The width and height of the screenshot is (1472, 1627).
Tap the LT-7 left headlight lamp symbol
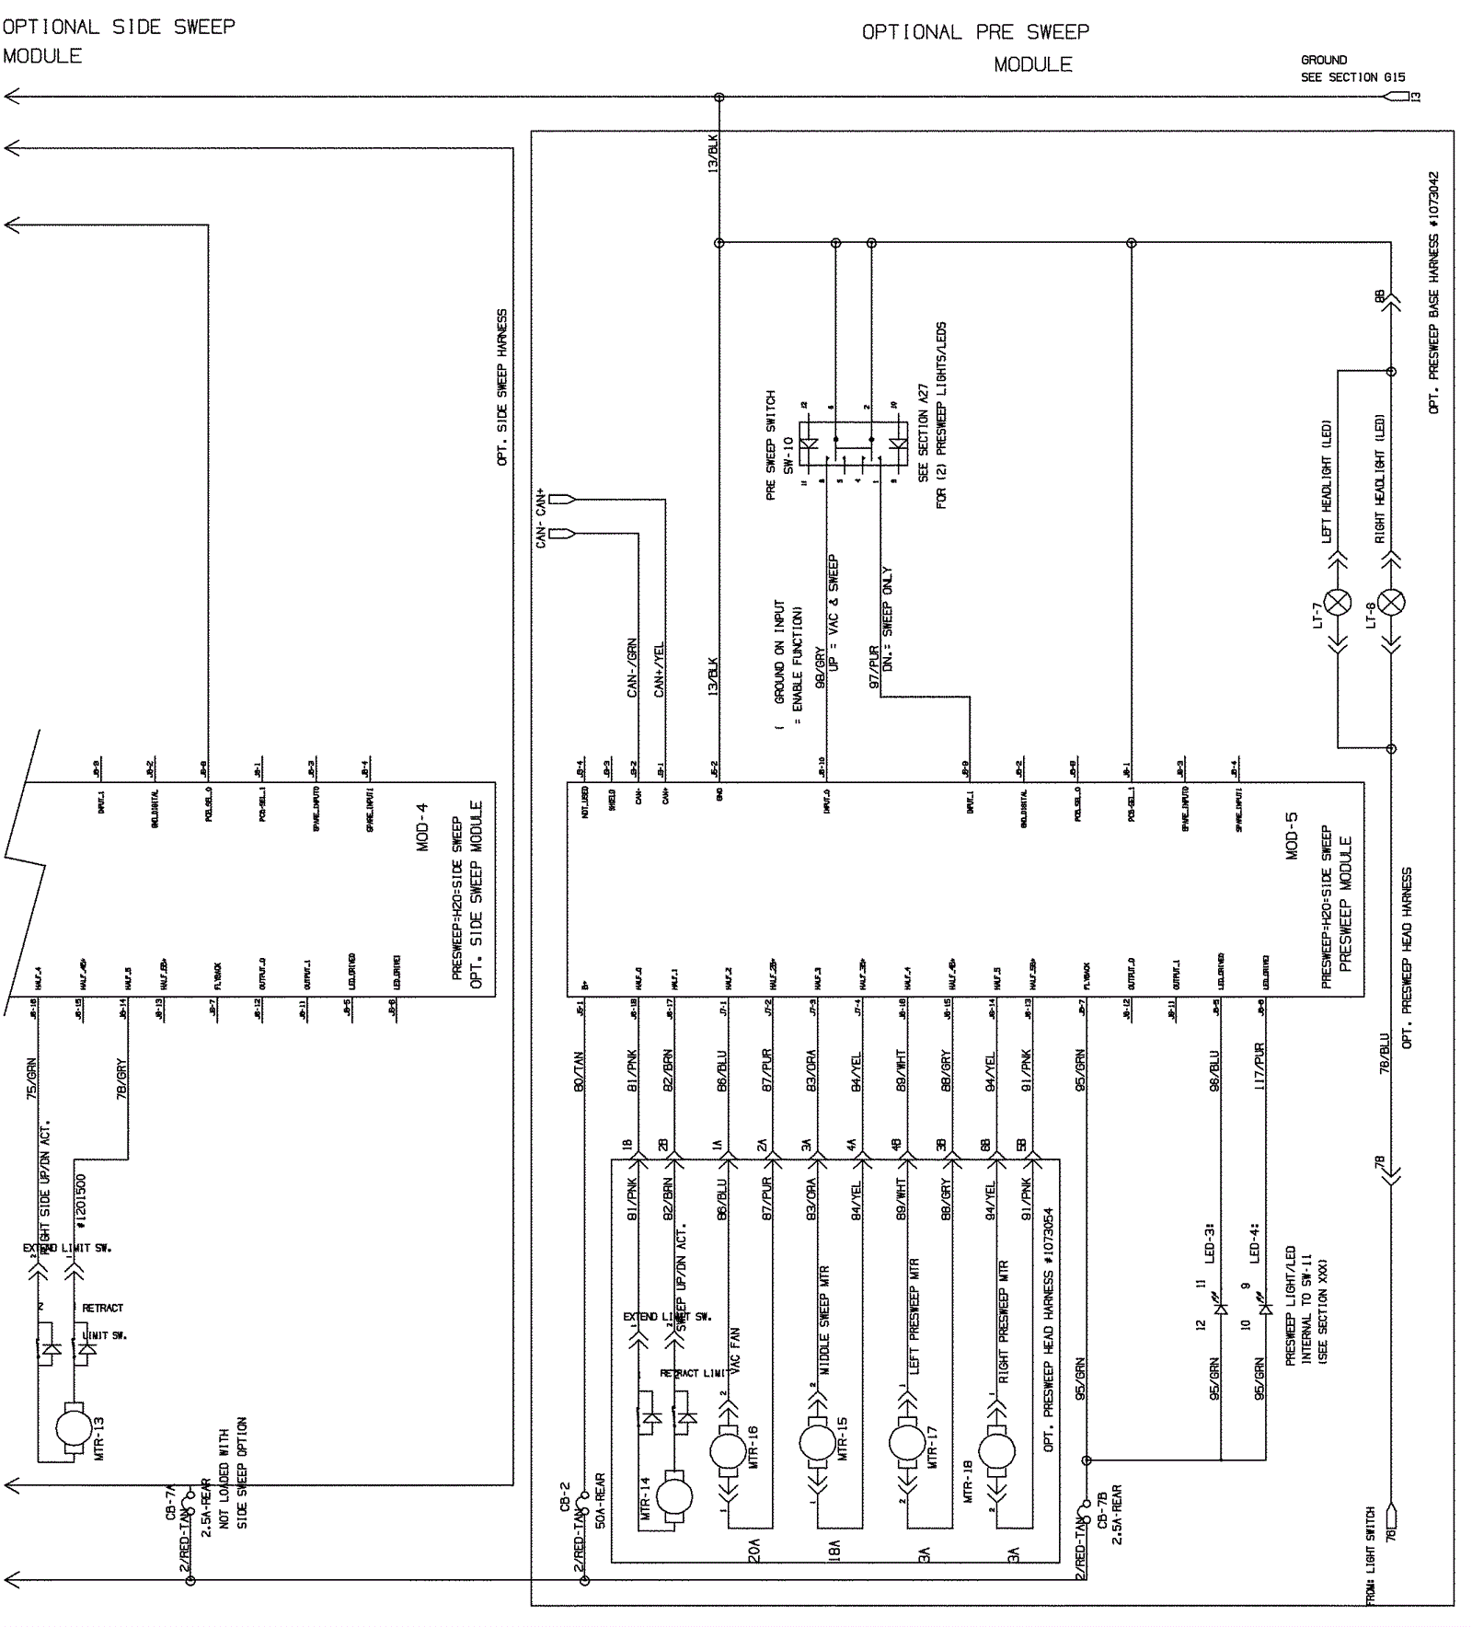tap(1338, 603)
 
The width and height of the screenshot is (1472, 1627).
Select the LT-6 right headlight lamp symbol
tap(1391, 603)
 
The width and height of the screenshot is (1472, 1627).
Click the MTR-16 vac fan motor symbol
tap(728, 1452)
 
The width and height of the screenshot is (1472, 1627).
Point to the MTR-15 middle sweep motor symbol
tap(817, 1443)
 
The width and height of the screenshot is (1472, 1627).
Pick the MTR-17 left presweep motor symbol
tap(907, 1443)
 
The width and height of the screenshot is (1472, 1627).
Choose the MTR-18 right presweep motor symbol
tap(997, 1452)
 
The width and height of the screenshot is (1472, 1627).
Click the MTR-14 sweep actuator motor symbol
tap(675, 1497)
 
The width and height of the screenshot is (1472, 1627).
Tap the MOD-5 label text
tap(1292, 835)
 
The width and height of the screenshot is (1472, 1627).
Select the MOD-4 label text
tap(422, 827)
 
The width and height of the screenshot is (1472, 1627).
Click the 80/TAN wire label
tap(580, 1072)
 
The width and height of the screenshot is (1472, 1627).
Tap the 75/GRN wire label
tap(31, 1079)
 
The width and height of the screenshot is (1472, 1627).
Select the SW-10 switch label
tap(788, 455)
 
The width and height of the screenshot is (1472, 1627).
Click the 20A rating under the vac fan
tap(754, 1553)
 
